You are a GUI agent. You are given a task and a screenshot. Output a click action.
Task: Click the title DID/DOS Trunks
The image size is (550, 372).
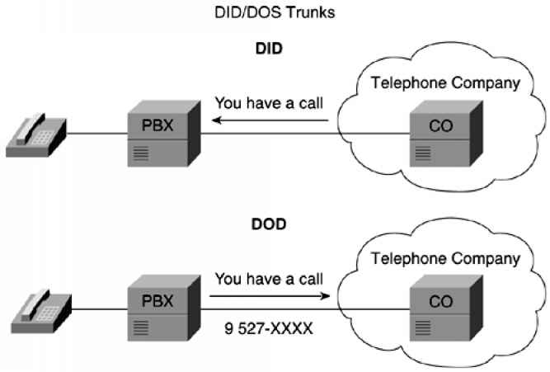pyautogui.click(x=274, y=13)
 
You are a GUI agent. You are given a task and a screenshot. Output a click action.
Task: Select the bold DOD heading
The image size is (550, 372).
pyautogui.click(x=269, y=224)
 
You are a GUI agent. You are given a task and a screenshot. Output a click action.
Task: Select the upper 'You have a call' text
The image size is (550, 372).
pyautogui.click(x=268, y=104)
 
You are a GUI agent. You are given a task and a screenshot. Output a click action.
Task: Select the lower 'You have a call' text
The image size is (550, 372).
pyautogui.click(x=268, y=279)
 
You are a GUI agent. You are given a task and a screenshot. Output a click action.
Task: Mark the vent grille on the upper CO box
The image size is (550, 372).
pyautogui.click(x=422, y=153)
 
